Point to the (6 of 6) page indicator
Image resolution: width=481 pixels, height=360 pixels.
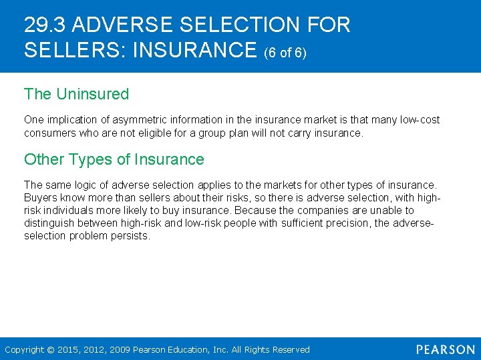click(285, 52)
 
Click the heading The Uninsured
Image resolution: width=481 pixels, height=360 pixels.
click(76, 94)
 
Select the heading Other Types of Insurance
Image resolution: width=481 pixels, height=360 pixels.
click(114, 159)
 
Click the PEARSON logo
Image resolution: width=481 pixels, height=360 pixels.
click(445, 350)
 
